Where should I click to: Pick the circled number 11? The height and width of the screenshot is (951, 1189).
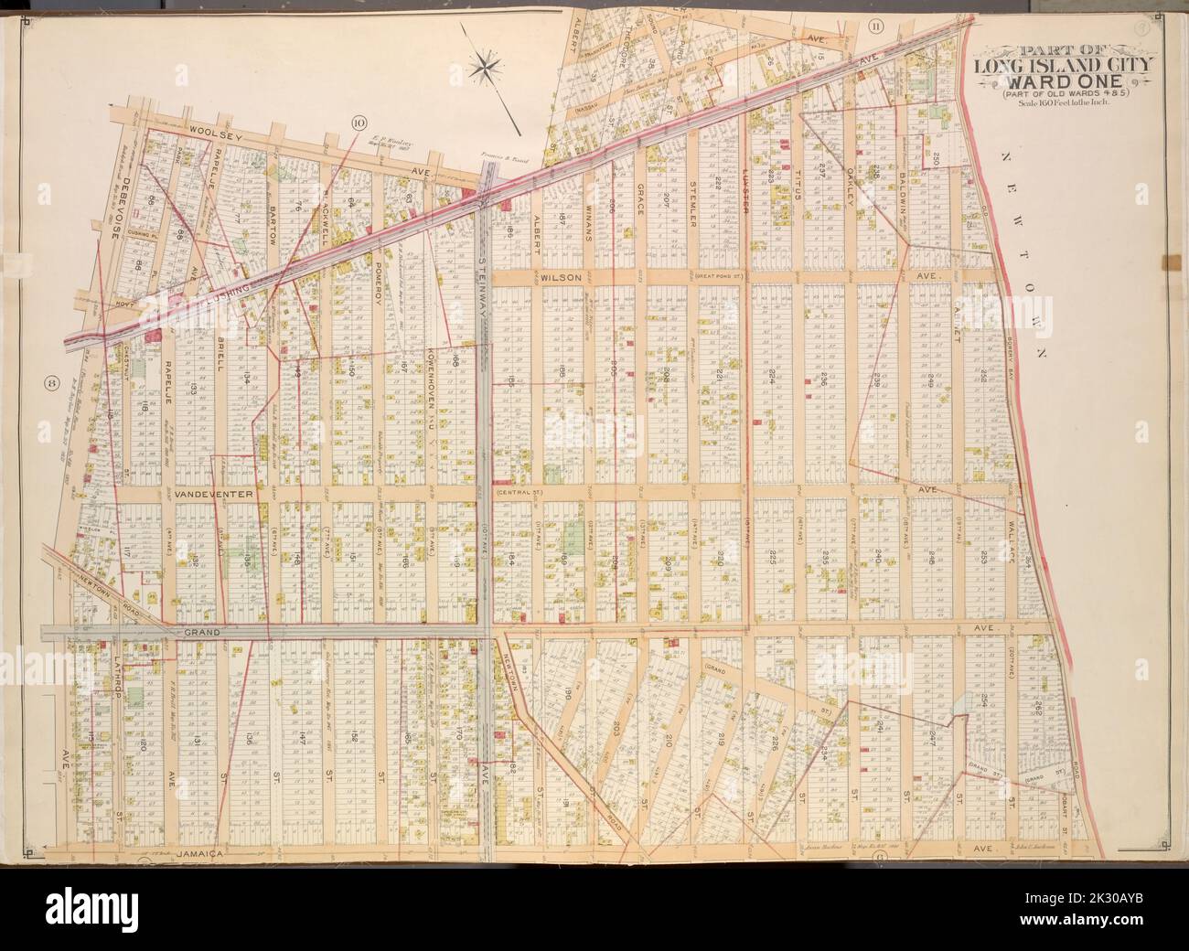(x=875, y=25)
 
